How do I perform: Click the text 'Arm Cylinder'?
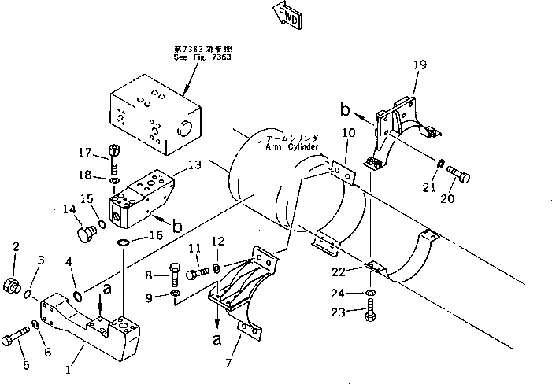tap(289, 146)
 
